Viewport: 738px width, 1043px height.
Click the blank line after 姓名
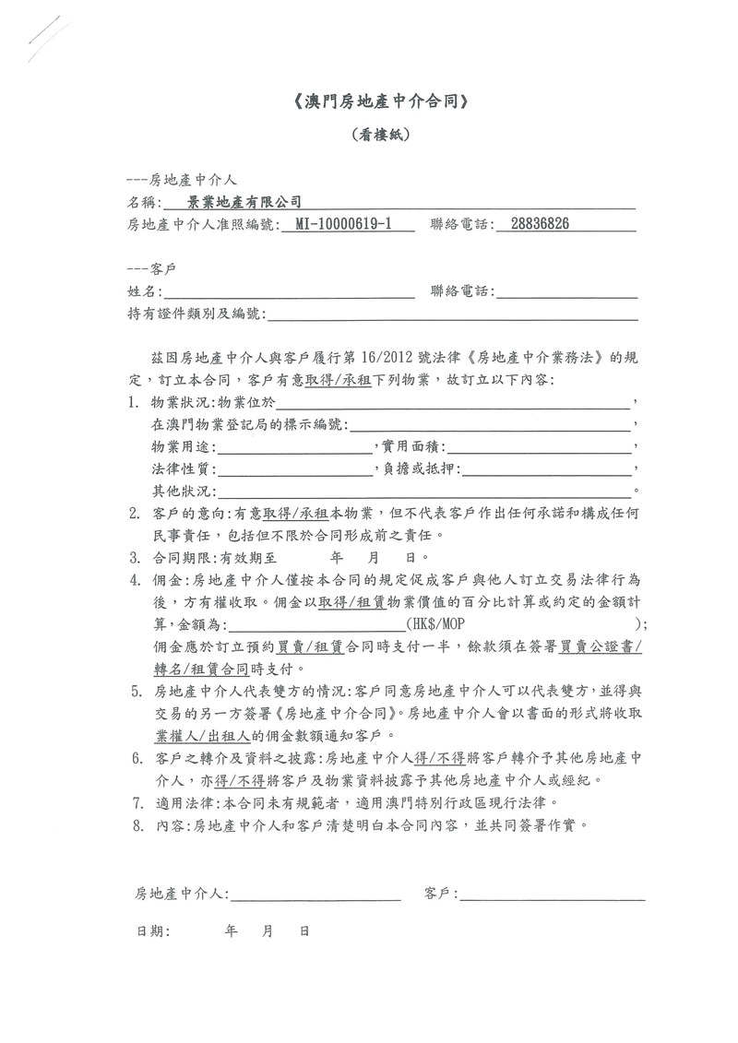coord(288,293)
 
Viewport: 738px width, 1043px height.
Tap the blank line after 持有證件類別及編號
coord(452,315)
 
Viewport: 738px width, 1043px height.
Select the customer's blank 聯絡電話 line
coord(566,293)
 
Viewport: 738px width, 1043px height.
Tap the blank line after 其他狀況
coord(424,491)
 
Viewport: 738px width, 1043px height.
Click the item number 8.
coord(136,825)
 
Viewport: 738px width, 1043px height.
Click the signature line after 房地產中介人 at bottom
coord(315,894)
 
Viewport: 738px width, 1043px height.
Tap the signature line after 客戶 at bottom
coord(552,894)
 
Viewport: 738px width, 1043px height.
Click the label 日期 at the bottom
coord(152,932)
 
